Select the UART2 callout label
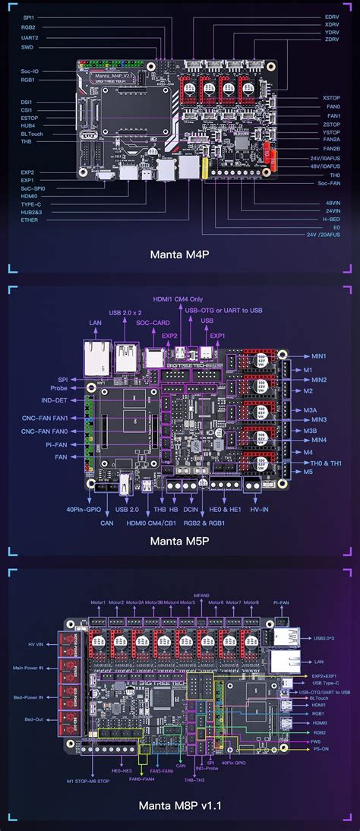[x=30, y=36]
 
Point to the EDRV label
[x=332, y=16]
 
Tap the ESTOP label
[x=30, y=118]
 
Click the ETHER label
[x=30, y=220]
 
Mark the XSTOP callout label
[x=331, y=98]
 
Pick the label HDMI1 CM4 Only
[x=181, y=299]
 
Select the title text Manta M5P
[x=180, y=541]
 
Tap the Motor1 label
[x=98, y=582]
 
